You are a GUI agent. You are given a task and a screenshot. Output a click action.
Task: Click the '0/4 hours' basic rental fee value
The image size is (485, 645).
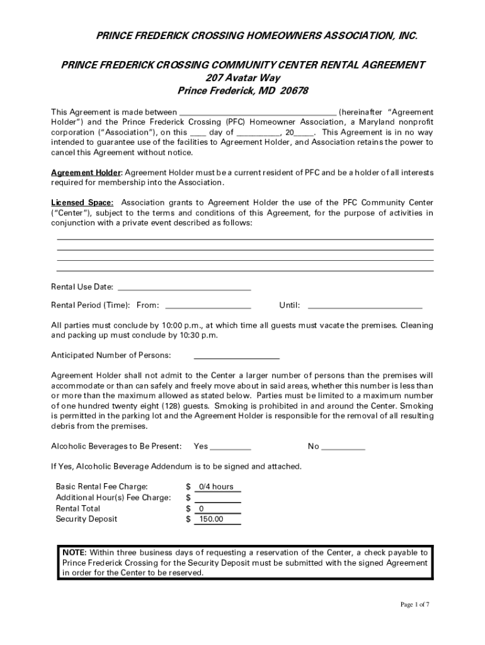click(x=215, y=487)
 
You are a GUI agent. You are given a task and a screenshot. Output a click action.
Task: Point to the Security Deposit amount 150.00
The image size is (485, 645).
click(x=210, y=519)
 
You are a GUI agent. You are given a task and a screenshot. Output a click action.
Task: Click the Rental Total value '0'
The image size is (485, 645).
click(x=201, y=508)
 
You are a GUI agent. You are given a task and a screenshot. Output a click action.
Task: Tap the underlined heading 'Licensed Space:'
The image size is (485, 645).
click(x=82, y=203)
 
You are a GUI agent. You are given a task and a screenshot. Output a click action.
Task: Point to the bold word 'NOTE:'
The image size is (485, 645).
click(x=74, y=552)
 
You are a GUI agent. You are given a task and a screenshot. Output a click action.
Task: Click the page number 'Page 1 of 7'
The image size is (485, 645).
click(x=415, y=605)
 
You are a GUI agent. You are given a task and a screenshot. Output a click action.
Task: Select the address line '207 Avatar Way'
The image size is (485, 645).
click(x=243, y=78)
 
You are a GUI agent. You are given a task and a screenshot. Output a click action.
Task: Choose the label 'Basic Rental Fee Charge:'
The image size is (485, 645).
click(x=102, y=487)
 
